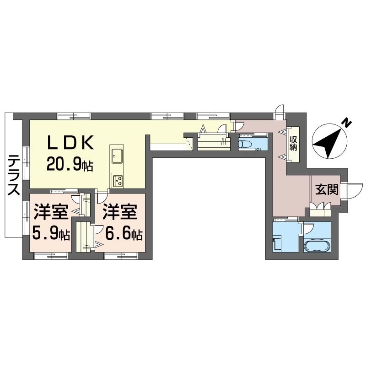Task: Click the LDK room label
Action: (70, 142)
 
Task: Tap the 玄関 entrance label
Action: (327, 189)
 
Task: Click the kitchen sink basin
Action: (117, 156)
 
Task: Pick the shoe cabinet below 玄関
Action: (320, 209)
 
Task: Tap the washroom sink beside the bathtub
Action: (277, 244)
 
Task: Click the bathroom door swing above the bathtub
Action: (308, 229)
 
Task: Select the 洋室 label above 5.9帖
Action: (51, 212)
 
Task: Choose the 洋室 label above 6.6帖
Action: (120, 212)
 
